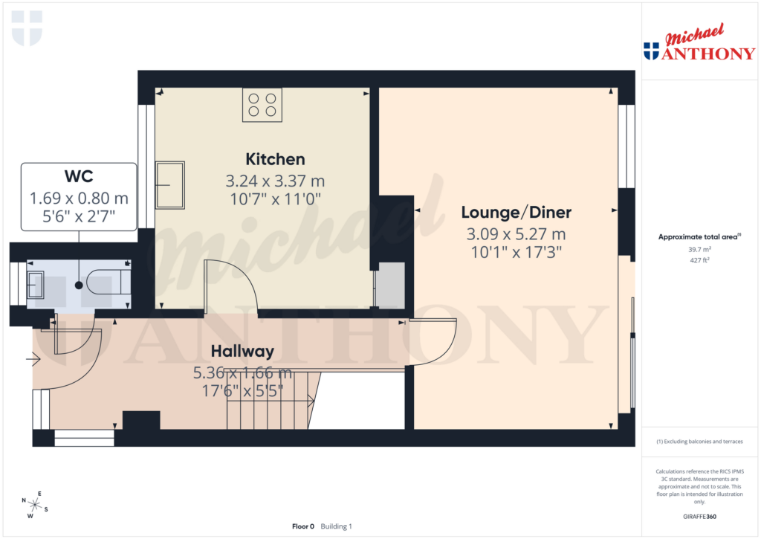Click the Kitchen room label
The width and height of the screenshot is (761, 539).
(x=275, y=159)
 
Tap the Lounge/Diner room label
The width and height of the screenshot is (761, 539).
(x=516, y=213)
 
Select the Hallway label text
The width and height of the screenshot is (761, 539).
(x=242, y=351)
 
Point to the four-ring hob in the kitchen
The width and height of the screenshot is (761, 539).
(x=262, y=105)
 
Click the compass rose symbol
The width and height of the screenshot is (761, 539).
(x=35, y=505)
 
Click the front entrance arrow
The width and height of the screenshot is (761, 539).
(x=33, y=361)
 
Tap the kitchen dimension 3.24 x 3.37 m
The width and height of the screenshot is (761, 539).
(x=275, y=181)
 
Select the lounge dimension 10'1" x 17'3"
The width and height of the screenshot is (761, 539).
(x=516, y=251)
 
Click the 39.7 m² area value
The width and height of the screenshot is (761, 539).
(x=699, y=250)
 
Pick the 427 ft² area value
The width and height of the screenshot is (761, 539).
(x=699, y=260)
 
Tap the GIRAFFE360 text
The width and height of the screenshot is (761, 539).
(x=699, y=516)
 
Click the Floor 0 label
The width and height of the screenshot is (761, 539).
(x=303, y=526)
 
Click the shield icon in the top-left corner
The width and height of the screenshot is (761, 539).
(x=27, y=28)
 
